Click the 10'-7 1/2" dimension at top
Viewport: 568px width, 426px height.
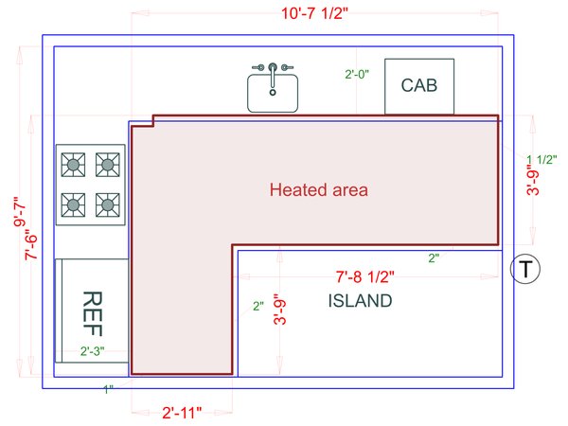pos(284,15)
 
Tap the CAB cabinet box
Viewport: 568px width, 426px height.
pos(418,86)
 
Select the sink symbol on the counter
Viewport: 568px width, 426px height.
pos(273,92)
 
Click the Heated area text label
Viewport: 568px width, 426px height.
pos(319,189)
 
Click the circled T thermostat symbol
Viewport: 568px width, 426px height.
pos(524,270)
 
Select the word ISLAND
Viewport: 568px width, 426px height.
pos(360,301)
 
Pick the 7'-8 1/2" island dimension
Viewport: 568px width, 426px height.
pos(364,278)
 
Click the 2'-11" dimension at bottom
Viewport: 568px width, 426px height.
pos(181,413)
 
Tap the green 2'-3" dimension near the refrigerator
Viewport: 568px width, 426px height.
pos(91,351)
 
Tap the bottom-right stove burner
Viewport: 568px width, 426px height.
pos(109,203)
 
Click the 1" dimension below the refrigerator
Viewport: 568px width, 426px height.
pos(109,388)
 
